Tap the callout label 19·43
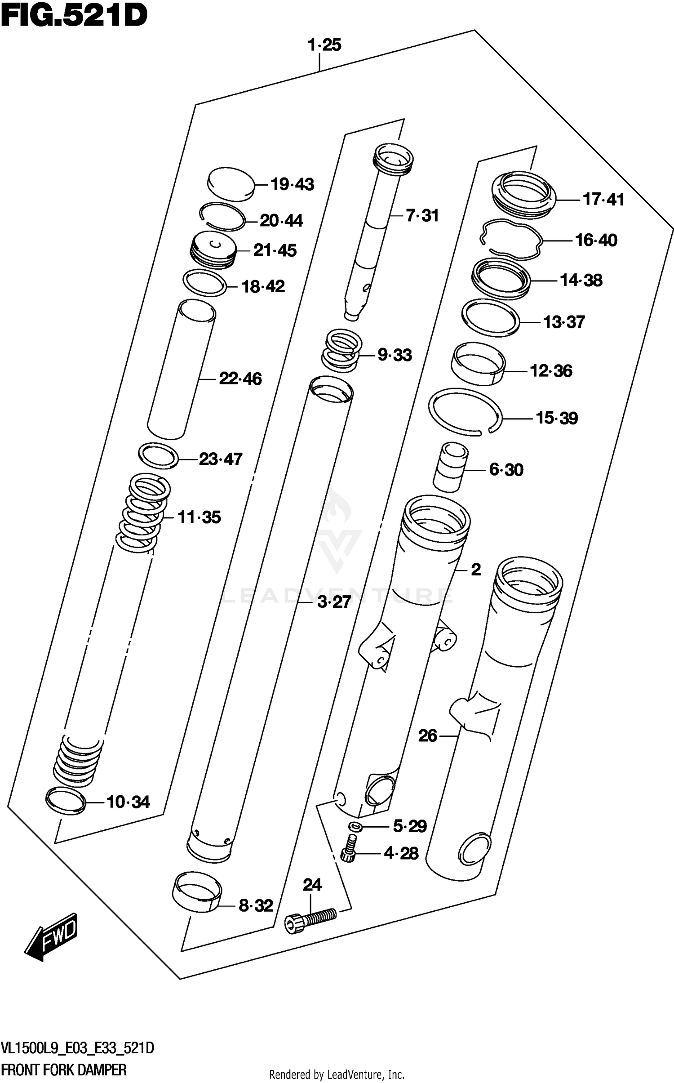292,184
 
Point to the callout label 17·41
603,199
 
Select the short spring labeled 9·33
342,351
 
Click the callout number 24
312,885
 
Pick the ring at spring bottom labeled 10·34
66,801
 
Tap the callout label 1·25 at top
324,45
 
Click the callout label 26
427,736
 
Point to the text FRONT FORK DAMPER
64,1070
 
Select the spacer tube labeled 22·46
182,370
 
